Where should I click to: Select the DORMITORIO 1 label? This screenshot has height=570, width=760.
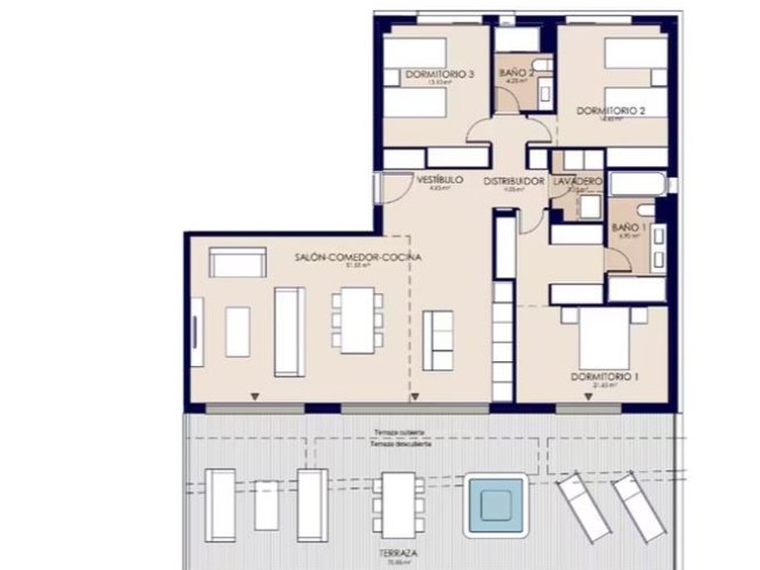click(604, 377)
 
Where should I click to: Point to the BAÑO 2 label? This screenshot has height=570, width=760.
click(517, 73)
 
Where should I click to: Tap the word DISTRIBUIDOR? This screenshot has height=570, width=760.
click(514, 182)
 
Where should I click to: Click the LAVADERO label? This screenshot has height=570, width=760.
click(577, 182)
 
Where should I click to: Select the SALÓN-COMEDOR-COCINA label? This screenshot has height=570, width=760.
click(357, 256)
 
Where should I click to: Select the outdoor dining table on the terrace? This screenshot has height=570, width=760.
click(399, 503)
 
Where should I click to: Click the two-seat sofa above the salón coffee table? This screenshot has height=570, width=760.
click(237, 263)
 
